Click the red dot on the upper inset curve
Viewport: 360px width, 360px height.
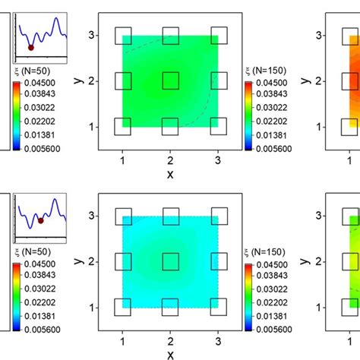tap(30, 47)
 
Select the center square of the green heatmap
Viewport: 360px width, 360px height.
tap(170, 81)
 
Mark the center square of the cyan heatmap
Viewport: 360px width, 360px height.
tap(170, 261)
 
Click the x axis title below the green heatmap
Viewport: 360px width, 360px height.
tap(170, 173)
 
